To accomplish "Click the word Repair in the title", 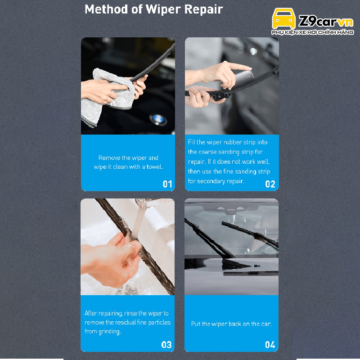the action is tap(204, 10).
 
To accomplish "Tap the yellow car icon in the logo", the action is tap(283, 18).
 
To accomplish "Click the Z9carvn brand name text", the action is tap(326, 21).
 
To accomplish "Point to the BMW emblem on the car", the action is tap(158, 119).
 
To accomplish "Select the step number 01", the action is tap(167, 184).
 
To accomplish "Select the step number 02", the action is tap(270, 184).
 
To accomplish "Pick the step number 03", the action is tap(166, 345).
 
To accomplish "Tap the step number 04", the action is tap(270, 345).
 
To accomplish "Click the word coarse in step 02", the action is tap(207, 152).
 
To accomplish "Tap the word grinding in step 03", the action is tap(109, 332).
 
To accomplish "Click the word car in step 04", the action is tap(266, 324).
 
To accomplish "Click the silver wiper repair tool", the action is tap(243, 79).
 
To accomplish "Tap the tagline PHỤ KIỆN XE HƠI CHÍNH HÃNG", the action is tap(312, 32).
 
